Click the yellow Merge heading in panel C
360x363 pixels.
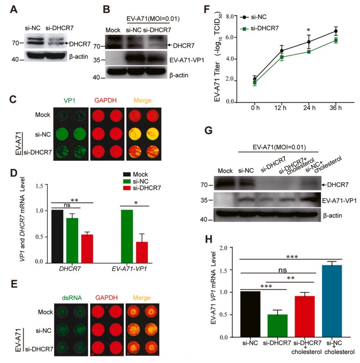[146, 100]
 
